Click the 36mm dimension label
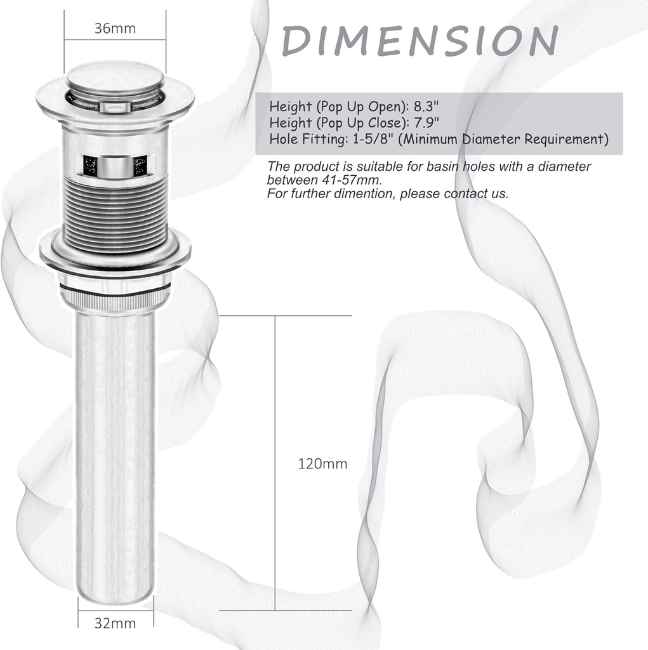tap(115, 29)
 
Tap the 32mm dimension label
tap(115, 623)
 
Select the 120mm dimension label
tap(322, 464)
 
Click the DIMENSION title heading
tap(420, 41)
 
